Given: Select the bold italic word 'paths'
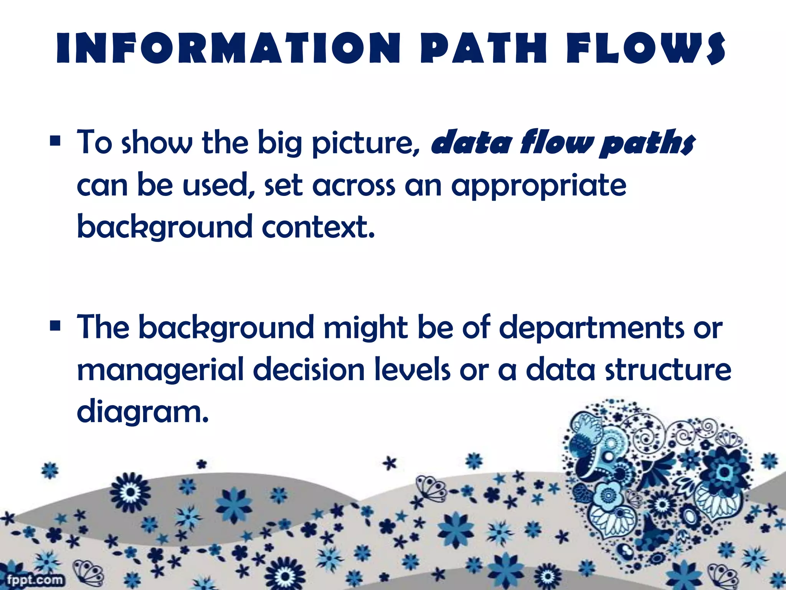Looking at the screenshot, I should click(x=648, y=143).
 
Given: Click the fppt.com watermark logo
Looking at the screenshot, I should click(x=35, y=580).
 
